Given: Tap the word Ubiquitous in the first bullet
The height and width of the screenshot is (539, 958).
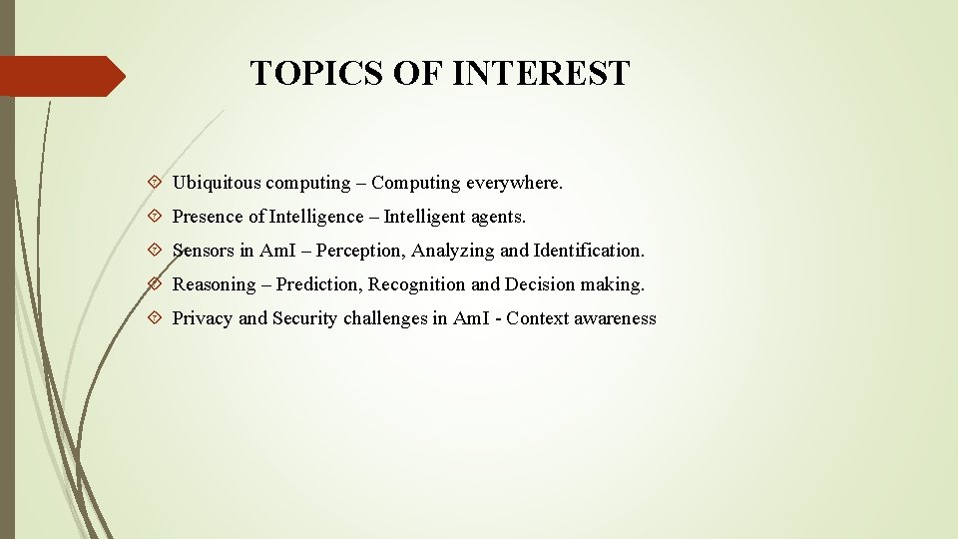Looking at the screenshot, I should coord(217,184).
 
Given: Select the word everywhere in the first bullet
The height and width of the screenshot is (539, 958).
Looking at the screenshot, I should coord(515,184).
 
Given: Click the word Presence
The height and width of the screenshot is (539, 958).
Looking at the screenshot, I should coord(208,217).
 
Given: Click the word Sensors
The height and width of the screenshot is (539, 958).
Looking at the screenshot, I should coord(204,251).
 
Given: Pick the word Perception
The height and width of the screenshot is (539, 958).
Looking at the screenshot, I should coord(357,251).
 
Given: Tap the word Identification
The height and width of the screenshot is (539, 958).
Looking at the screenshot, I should coord(590,251).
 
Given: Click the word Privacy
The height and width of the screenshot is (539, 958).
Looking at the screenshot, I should coord(203,319).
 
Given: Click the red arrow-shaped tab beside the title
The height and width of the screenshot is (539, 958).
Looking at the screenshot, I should coord(60,76).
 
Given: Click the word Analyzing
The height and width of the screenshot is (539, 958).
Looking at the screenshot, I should coord(453,251).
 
